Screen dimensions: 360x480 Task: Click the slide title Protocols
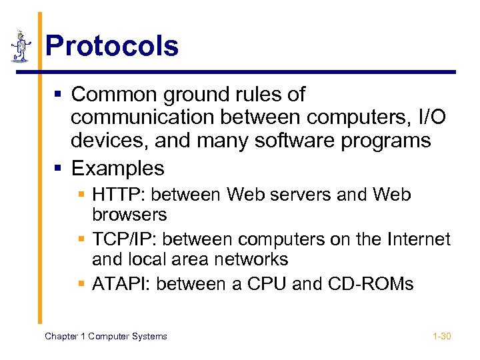112,47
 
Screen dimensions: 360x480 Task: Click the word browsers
129,215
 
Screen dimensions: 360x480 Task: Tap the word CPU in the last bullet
267,284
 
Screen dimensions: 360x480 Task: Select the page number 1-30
441,336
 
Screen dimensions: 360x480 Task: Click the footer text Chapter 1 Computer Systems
105,336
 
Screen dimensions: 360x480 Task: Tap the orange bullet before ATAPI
81,285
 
